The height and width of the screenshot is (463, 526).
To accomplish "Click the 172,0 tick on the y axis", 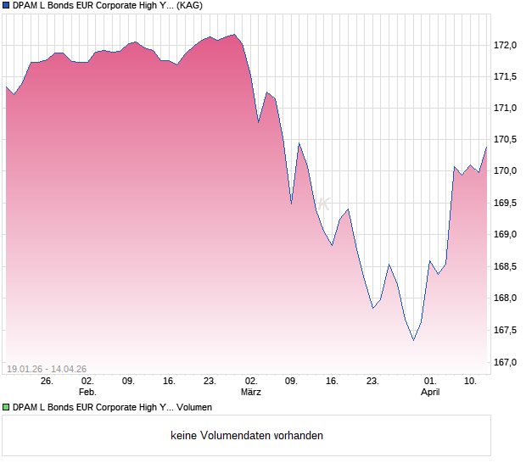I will (x=506, y=45).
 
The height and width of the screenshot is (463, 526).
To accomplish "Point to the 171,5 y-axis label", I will (x=506, y=76).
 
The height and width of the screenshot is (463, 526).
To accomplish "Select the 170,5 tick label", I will (x=506, y=140).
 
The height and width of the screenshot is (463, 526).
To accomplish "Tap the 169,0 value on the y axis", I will (x=506, y=235).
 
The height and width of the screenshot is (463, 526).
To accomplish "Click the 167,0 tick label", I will (x=506, y=362).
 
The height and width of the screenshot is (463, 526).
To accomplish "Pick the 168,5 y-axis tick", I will (x=506, y=266).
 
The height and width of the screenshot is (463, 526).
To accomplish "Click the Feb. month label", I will (x=87, y=393).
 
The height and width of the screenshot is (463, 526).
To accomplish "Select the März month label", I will (x=250, y=393).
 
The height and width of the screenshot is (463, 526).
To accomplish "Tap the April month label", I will (x=430, y=393).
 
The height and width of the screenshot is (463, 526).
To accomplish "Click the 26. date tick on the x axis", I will (x=47, y=382).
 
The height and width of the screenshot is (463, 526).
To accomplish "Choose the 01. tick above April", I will (x=430, y=382).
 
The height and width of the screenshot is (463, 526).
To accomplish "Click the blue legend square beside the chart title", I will (x=6, y=5).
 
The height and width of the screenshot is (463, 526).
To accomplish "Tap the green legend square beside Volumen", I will (x=6, y=408).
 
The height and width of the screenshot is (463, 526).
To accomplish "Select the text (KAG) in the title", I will (x=189, y=5).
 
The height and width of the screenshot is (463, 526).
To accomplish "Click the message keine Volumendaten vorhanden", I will (x=247, y=436).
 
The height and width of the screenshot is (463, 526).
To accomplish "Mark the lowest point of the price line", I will (x=413, y=340).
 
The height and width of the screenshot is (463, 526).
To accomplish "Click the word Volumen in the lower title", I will (x=194, y=408).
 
